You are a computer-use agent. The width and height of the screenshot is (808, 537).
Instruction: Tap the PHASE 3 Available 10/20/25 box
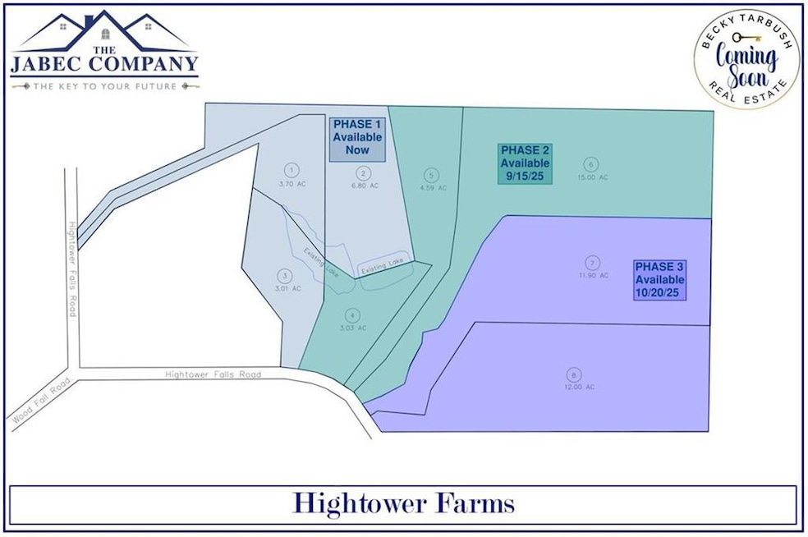pos(659,279)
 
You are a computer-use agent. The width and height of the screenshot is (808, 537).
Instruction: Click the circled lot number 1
pos(291,170)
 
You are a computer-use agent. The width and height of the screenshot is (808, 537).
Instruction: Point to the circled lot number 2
pos(362,172)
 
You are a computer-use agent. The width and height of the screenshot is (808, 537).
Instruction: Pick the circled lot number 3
pos(284,276)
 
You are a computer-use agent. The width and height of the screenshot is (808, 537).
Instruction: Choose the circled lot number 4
pos(352,314)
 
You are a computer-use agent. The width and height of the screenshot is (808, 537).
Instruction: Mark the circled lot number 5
pos(429,175)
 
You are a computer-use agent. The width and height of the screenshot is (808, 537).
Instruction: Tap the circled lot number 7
pos(591,263)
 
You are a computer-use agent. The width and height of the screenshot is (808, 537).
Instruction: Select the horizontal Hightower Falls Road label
pos(213,374)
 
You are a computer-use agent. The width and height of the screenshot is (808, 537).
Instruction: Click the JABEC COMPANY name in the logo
pos(105,63)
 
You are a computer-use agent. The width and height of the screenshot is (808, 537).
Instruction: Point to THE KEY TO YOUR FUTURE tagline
pos(105,85)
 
